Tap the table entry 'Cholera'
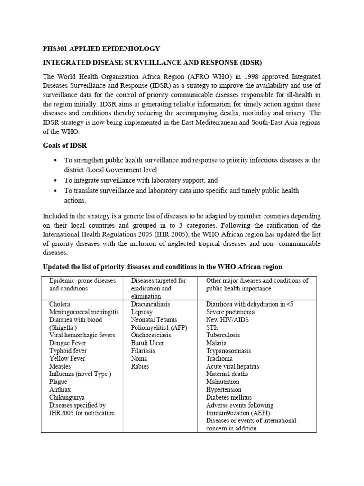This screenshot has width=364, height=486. pyautogui.click(x=60, y=304)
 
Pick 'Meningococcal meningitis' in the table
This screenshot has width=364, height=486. pyautogui.click(x=84, y=312)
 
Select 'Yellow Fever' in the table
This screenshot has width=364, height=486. pyautogui.click(x=68, y=359)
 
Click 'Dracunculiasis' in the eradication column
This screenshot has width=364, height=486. pyautogui.click(x=150, y=304)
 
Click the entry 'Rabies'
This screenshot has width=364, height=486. pyautogui.click(x=140, y=366)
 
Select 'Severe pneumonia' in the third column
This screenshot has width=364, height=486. pyautogui.click(x=230, y=312)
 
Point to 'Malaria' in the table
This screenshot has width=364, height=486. pyautogui.click(x=216, y=343)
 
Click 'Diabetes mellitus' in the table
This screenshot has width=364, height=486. pyautogui.click(x=229, y=397)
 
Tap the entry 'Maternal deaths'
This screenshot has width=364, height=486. pyautogui.click(x=227, y=374)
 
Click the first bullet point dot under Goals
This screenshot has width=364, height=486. pyautogui.click(x=56, y=160)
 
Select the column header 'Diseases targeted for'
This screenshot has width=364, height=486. pyautogui.click(x=158, y=280)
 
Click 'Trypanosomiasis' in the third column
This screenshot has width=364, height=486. pyautogui.click(x=228, y=351)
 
